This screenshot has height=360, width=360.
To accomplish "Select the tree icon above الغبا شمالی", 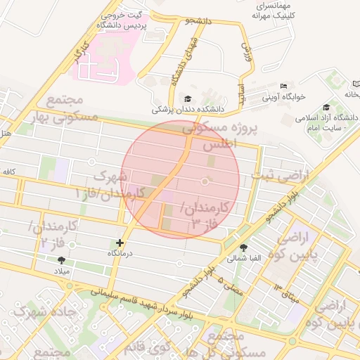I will click(x=243, y=247).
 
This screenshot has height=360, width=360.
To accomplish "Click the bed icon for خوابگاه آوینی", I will click(x=283, y=86).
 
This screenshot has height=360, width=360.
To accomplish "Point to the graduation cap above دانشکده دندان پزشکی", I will click(x=188, y=99).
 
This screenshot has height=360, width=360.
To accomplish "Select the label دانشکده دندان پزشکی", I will click(x=188, y=110).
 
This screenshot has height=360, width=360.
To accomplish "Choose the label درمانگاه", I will click(x=120, y=252).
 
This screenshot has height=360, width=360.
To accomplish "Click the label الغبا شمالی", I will click(x=243, y=257).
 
